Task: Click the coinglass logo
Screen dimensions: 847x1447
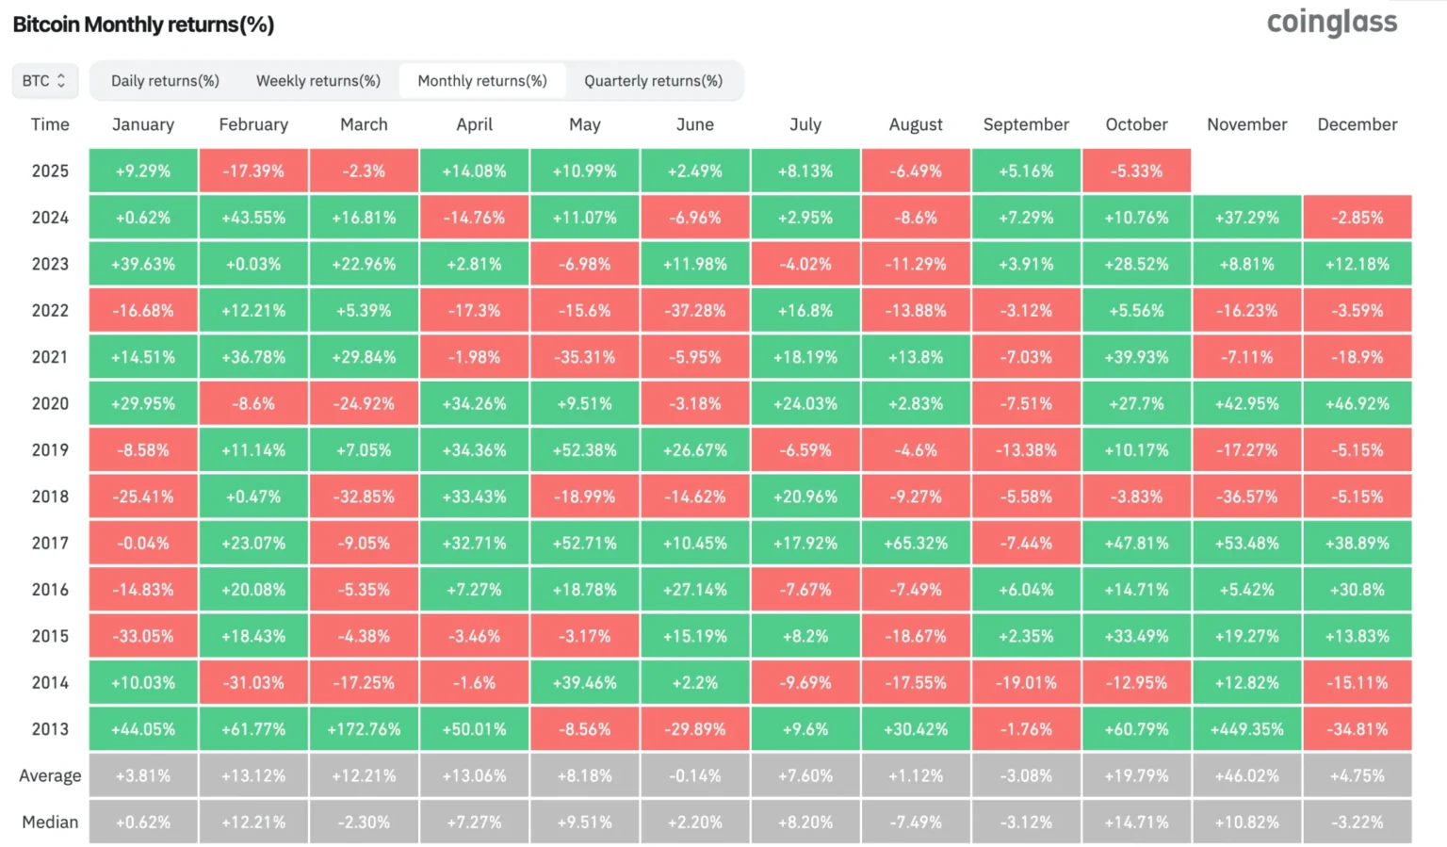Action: (x=1331, y=23)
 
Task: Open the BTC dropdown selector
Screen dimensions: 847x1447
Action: (x=44, y=81)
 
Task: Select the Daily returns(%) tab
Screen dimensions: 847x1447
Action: (x=165, y=81)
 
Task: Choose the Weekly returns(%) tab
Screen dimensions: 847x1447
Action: (x=318, y=81)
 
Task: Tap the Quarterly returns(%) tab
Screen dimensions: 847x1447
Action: (x=653, y=81)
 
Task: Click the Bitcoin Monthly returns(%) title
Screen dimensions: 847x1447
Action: (x=143, y=24)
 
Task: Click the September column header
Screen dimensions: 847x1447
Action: (x=1026, y=124)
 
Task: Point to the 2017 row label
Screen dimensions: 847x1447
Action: (x=50, y=543)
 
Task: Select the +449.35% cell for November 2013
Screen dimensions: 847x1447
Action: (x=1246, y=729)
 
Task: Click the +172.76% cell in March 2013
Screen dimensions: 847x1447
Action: (x=364, y=729)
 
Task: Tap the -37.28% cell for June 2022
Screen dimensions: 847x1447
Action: (x=695, y=310)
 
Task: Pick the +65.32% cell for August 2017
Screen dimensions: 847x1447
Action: (x=916, y=543)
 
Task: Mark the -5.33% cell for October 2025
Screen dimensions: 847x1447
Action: (x=1136, y=171)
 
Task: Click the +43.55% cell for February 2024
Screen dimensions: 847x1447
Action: (x=253, y=218)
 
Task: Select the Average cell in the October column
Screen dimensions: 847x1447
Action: (x=1136, y=775)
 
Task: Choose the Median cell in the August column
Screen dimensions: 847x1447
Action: (x=916, y=822)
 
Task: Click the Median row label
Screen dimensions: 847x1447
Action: (x=50, y=822)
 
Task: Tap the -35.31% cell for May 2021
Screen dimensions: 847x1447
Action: (x=585, y=357)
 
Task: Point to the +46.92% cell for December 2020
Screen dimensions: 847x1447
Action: (x=1357, y=403)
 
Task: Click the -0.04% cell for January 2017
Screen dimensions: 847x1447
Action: (x=143, y=543)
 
